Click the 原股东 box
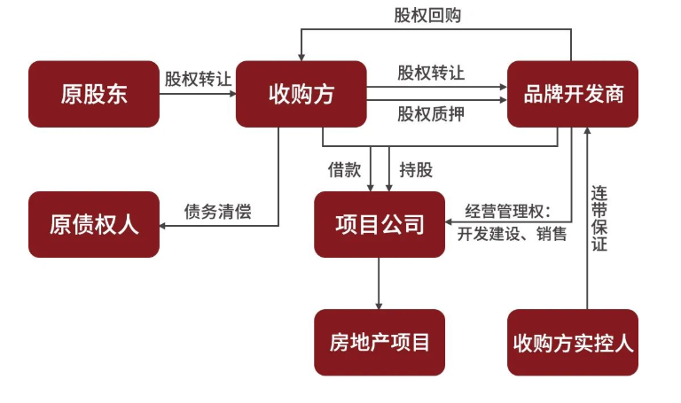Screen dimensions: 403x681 click(94, 93)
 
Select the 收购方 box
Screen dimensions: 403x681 click(301, 93)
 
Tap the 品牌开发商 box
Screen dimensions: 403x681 click(573, 93)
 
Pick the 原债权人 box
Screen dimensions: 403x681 click(94, 224)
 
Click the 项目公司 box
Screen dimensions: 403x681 click(380, 224)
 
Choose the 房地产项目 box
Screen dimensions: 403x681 click(380, 342)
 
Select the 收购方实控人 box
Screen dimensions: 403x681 click(573, 342)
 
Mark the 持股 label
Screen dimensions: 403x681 click(416, 170)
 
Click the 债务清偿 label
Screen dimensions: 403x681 click(218, 212)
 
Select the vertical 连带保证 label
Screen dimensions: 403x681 click(600, 217)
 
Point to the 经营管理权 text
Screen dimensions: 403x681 click(510, 212)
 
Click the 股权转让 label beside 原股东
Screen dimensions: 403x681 click(198, 78)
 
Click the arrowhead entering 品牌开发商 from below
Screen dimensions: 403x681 click(586, 132)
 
